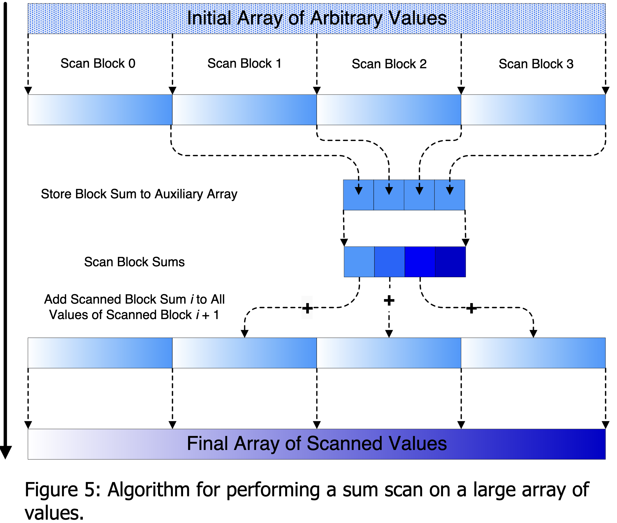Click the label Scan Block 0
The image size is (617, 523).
98,63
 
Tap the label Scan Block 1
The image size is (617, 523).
244,63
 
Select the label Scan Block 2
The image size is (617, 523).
389,64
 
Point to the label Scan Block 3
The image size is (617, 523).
536,64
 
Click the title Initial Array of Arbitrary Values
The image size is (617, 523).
317,18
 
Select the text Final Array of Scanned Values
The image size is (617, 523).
317,444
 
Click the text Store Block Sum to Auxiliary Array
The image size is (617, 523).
139,194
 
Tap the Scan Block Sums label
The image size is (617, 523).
134,262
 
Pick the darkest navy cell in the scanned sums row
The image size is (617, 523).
450,262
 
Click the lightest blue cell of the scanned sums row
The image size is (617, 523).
359,262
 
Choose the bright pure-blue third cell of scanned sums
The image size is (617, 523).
420,262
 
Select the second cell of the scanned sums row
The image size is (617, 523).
389,262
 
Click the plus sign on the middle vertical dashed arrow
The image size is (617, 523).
389,301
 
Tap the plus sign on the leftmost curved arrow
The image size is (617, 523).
307,308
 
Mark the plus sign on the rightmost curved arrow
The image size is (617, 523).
471,308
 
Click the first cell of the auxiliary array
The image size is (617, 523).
358,195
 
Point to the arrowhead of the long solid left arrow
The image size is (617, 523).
5,452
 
